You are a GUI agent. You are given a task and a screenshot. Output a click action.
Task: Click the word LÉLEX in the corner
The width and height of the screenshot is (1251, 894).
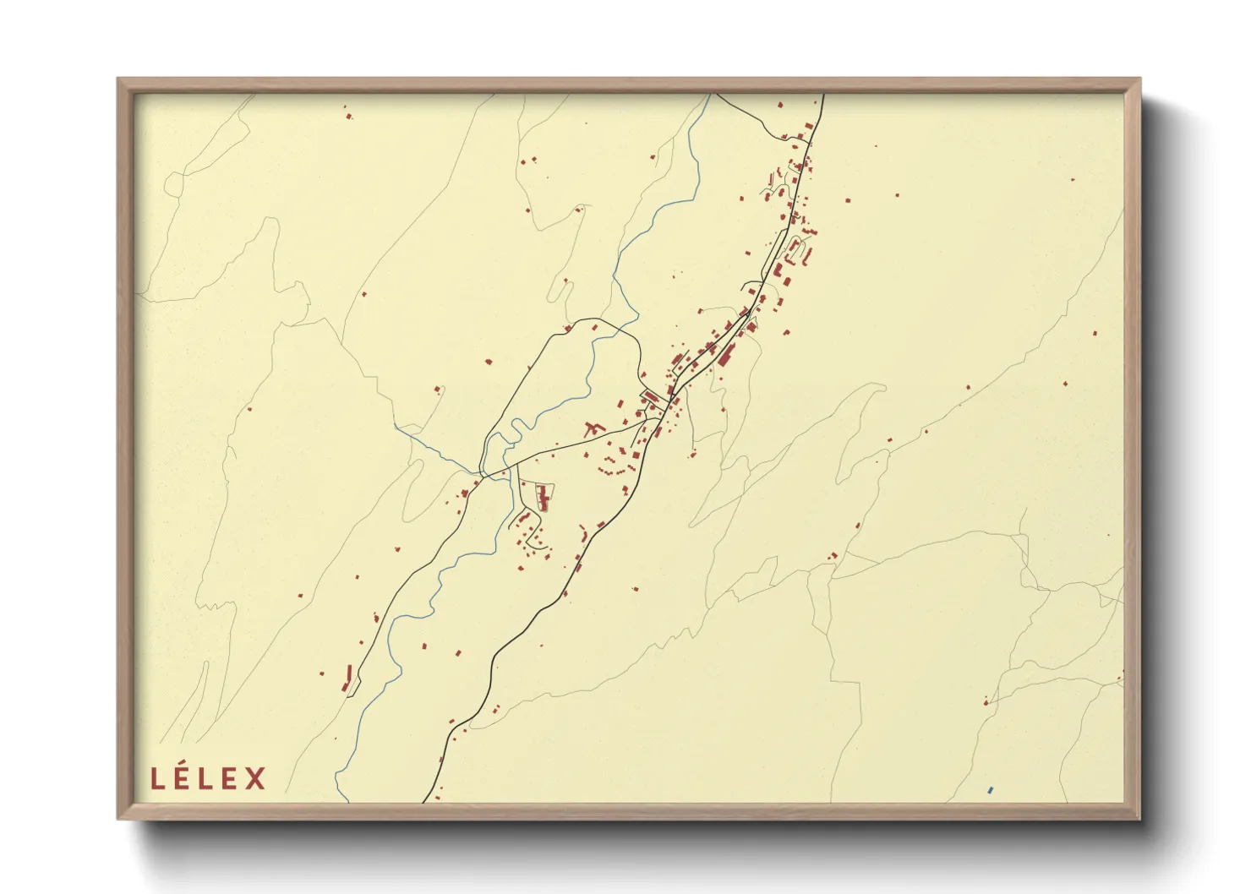(x=208, y=778)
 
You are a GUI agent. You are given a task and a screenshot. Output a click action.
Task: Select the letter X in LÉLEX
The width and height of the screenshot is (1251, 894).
(x=256, y=778)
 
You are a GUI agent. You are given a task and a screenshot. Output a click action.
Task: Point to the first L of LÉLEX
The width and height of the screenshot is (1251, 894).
(x=156, y=778)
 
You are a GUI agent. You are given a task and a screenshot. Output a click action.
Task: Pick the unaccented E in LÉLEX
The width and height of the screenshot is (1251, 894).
(x=231, y=778)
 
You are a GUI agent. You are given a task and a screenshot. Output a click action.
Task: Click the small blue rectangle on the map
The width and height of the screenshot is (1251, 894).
(x=989, y=790)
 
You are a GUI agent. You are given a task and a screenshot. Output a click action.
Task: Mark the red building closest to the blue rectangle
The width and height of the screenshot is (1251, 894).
(x=986, y=701)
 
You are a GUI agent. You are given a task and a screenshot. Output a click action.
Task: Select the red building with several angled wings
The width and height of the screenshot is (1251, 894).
(x=593, y=428)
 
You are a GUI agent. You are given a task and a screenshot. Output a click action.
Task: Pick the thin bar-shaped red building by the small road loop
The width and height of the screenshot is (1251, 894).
(x=348, y=677)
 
